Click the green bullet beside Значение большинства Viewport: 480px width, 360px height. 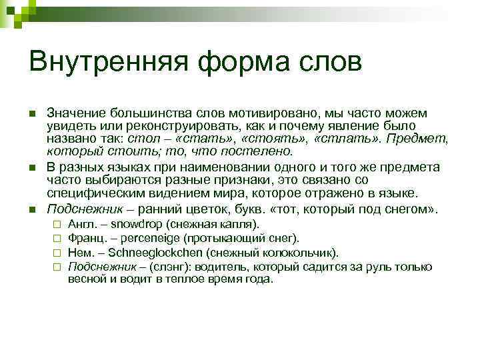[31, 114]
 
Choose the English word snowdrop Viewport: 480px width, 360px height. [133, 225]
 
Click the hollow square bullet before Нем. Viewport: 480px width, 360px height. [58, 253]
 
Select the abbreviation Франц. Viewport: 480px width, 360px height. [84, 239]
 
